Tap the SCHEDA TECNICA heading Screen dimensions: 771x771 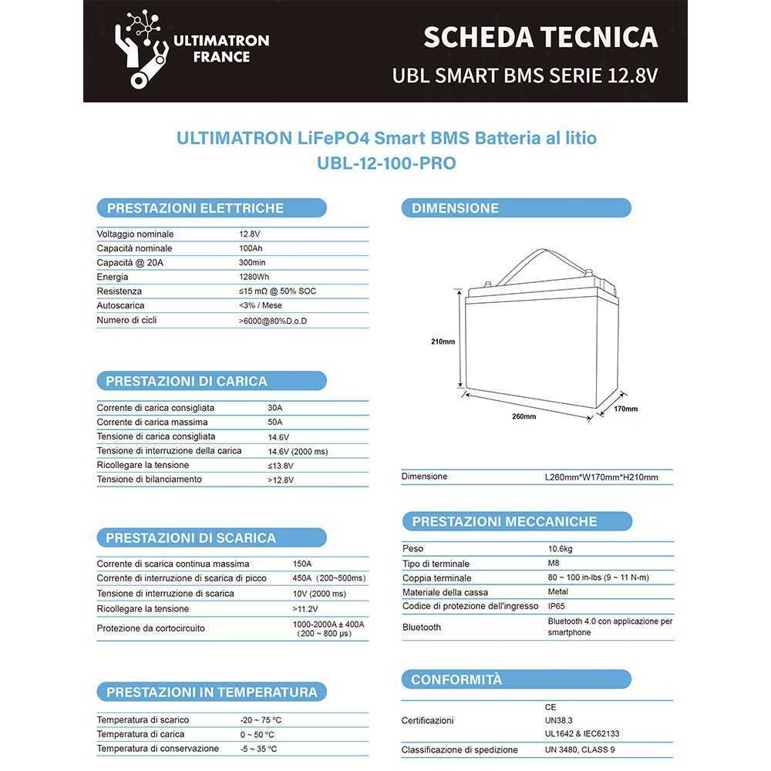coord(540,36)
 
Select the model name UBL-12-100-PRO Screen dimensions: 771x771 coord(386,163)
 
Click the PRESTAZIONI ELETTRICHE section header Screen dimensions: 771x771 coord(195,208)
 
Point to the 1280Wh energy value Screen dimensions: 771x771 coord(254,277)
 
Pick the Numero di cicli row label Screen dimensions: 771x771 coord(126,320)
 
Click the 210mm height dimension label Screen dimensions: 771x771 coord(443,342)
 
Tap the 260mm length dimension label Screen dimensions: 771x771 coord(524,416)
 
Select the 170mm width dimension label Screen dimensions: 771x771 coord(625,409)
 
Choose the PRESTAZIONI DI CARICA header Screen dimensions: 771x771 coord(187,381)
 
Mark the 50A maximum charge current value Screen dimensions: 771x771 coord(274,423)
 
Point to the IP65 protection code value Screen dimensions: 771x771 coord(557,607)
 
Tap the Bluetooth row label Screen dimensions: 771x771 coord(422,628)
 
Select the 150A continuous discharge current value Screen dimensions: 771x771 coord(302,564)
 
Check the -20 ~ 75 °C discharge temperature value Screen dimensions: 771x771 coord(261,720)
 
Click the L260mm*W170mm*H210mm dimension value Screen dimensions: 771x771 coord(601,477)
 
